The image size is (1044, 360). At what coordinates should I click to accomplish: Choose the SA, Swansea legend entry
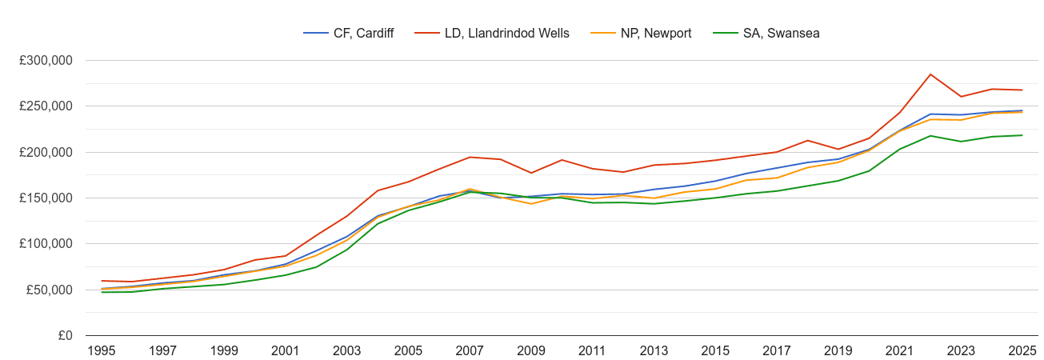click(x=772, y=33)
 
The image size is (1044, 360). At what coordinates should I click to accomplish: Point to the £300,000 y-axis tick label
click(x=46, y=61)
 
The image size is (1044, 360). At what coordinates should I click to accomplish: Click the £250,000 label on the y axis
click(x=46, y=106)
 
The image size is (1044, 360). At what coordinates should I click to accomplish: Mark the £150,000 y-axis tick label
click(x=46, y=198)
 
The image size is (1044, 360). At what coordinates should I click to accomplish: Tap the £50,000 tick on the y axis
click(x=49, y=290)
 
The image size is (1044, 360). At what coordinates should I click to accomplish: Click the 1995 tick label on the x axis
click(x=101, y=350)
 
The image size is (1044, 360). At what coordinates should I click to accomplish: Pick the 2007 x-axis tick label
click(x=470, y=350)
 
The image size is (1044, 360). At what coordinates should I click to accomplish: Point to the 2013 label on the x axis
click(x=654, y=350)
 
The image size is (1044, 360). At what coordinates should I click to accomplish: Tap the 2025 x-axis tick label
click(x=1022, y=350)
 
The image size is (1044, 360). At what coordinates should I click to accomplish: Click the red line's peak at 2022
click(x=930, y=74)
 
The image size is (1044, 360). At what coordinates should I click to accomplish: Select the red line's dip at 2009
click(x=530, y=173)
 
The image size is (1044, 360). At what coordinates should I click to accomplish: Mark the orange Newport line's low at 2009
click(x=530, y=204)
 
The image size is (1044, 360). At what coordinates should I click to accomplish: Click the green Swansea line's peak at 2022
click(x=930, y=136)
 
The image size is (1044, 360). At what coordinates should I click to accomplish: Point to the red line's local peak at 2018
click(x=807, y=141)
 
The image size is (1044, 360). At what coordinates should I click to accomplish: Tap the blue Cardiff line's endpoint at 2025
click(x=1022, y=110)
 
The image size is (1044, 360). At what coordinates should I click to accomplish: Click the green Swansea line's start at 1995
click(x=101, y=292)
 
